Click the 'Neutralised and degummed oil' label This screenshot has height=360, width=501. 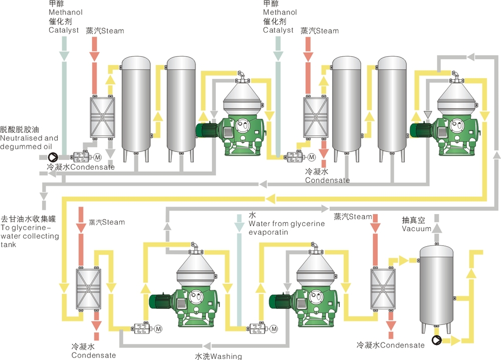30,141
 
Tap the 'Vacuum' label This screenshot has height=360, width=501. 416,229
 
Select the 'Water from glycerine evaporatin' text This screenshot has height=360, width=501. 287,228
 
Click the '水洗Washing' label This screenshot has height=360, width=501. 218,356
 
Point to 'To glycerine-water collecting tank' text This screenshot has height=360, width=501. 30,236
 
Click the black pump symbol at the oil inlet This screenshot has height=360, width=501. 54,157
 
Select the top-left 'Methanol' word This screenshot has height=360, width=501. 66,12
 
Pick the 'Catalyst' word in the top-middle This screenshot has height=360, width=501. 278,30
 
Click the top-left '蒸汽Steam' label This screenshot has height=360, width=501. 105,31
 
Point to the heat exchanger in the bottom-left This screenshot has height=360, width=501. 88,289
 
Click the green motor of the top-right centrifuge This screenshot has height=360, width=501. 422,130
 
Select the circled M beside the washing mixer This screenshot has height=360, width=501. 274,329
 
